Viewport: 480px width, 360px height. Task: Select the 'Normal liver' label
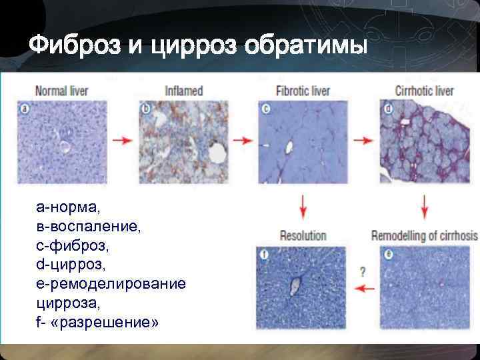(x=61, y=91)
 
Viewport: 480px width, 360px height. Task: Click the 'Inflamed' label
(x=183, y=91)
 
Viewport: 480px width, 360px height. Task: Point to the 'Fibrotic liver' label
(x=303, y=91)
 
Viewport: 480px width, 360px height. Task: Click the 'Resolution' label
(x=303, y=235)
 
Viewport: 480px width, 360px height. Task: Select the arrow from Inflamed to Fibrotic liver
(x=243, y=141)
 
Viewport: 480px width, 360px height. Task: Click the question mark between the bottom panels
(x=363, y=271)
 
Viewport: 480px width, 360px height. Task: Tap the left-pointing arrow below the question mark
(x=363, y=288)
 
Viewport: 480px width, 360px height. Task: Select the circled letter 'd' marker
(x=389, y=107)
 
